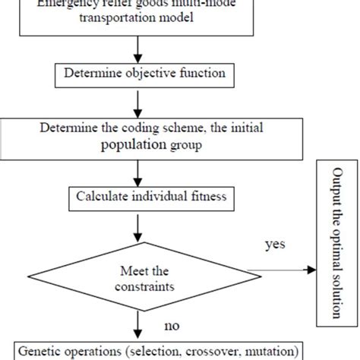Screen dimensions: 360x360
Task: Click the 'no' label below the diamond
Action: tap(171, 327)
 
